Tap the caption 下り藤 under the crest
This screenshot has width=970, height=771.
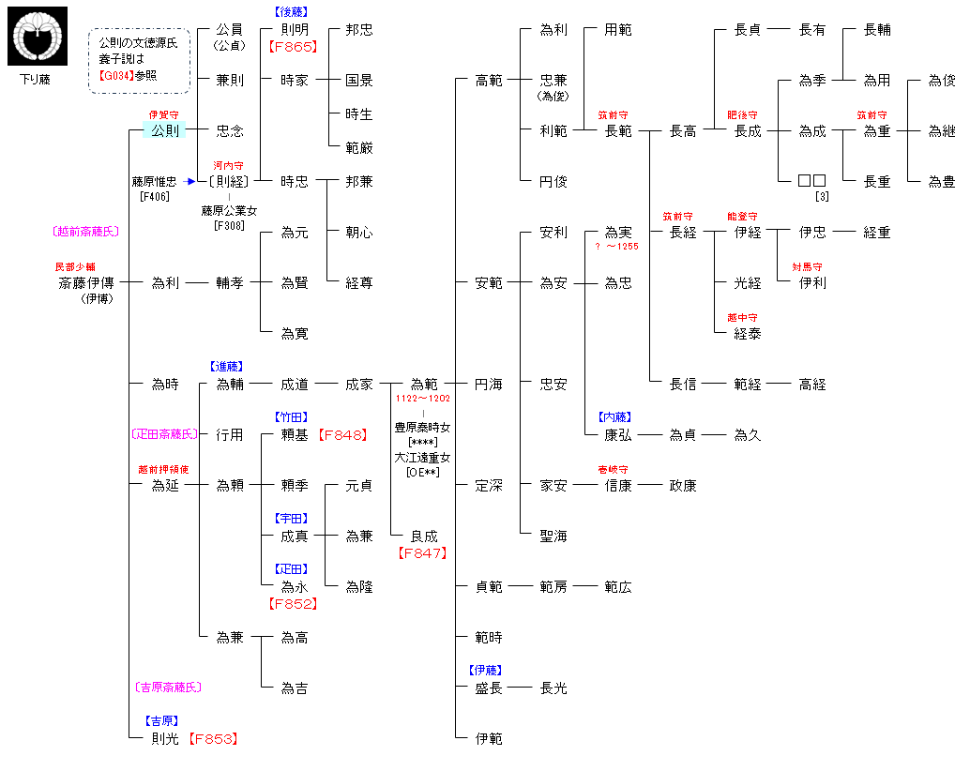[x=36, y=80]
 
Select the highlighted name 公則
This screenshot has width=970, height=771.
[x=165, y=130]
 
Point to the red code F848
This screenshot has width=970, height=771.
[x=342, y=434]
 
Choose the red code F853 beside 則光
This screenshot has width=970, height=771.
[x=213, y=739]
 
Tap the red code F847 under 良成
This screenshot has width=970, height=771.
[x=422, y=553]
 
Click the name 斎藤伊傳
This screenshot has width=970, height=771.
[x=86, y=282]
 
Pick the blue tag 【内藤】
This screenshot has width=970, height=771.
[x=614, y=416]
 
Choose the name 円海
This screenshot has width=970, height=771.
[x=488, y=385]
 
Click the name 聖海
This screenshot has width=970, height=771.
[x=553, y=537]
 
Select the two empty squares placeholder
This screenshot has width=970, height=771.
[x=811, y=181]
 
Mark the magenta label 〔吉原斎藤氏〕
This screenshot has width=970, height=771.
[x=169, y=688]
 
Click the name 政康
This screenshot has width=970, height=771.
[x=682, y=486]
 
